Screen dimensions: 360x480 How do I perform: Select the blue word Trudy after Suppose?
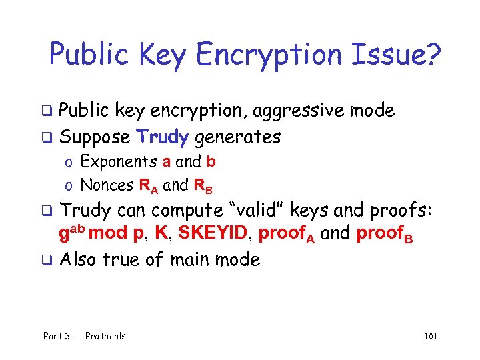(163, 137)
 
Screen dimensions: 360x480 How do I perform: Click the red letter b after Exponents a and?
(211, 161)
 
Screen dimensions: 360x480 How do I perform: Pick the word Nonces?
(106, 184)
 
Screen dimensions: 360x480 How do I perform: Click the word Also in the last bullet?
(80, 259)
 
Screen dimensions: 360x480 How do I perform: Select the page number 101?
(430, 336)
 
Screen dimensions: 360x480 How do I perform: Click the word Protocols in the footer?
(105, 336)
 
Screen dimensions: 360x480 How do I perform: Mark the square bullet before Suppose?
(49, 138)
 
